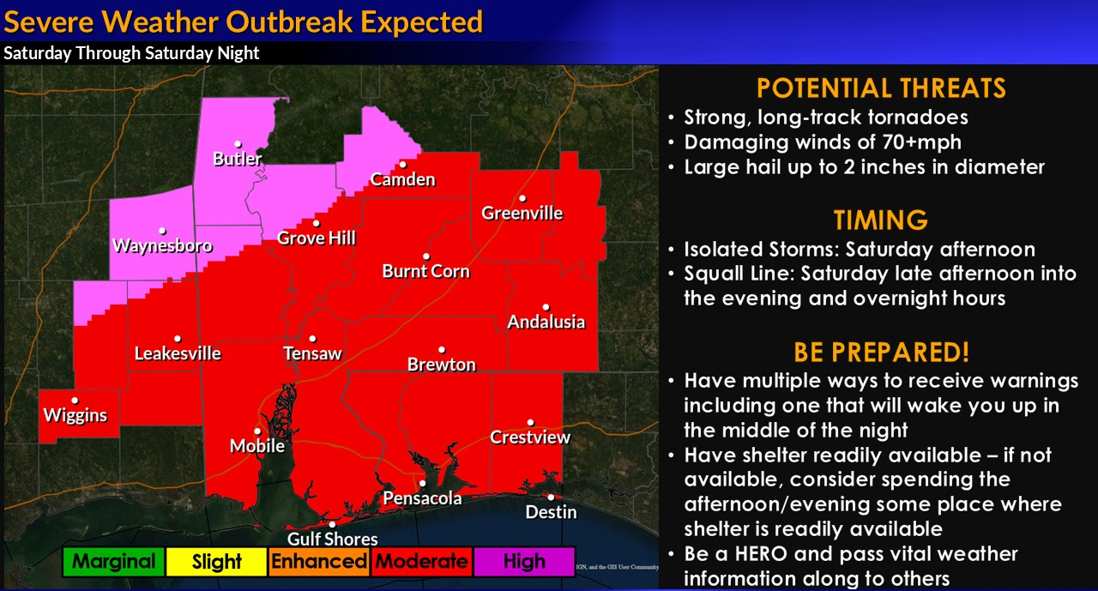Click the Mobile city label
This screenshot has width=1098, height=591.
257,446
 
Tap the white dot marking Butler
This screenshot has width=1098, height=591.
238,144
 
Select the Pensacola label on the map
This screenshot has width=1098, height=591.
422,498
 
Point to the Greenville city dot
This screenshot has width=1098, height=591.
522,198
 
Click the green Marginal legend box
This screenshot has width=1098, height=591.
114,562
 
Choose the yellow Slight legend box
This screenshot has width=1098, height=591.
217,562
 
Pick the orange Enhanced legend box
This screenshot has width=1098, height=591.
319,562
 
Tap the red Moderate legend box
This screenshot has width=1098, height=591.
421,562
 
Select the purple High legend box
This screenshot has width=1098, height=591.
524,562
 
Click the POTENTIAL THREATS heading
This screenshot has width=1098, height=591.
881,88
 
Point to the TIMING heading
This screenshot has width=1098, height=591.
881,220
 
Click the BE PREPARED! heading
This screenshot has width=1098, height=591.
881,352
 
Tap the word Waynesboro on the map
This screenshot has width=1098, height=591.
162,245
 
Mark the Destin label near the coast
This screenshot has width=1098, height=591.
551,512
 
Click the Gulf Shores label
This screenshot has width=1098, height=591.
332,539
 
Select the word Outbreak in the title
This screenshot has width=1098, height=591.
289,22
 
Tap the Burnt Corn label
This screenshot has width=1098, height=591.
426,272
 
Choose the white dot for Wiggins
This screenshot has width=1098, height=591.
75,401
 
